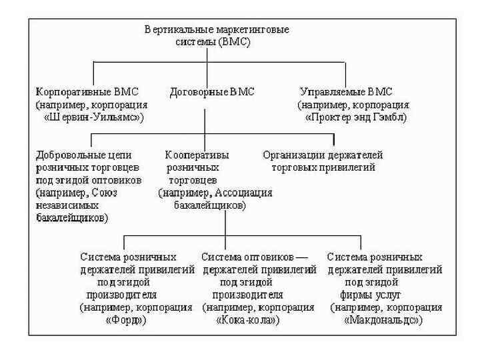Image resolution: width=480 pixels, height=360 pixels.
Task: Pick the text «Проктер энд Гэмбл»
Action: tap(356, 117)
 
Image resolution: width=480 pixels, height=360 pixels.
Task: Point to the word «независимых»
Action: tap(63, 205)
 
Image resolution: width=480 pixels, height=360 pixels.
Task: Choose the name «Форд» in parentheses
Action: tap(126, 320)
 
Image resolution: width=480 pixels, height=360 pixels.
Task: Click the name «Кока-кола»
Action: tap(247, 320)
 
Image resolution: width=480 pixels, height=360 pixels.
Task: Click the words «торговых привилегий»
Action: tap(324, 167)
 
